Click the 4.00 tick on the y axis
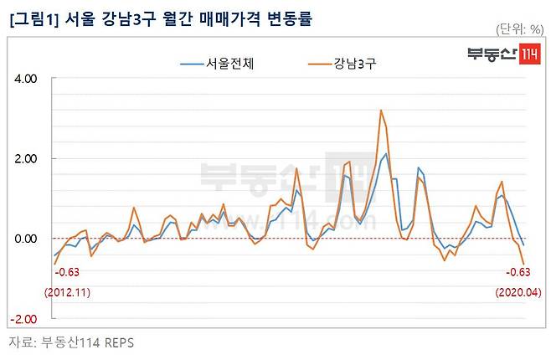coord(26,79)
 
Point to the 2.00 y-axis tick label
coord(26,159)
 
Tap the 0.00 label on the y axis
coord(26,239)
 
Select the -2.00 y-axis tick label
coord(23,319)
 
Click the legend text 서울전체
coord(229,64)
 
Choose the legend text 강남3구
coord(355,64)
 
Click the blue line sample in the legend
coord(192,64)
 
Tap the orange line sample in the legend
coord(320,64)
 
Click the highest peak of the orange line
coord(381,111)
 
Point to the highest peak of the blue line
coord(386,153)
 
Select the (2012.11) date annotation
coord(67,292)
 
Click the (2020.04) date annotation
coord(518,292)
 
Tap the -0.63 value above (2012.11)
coord(67,272)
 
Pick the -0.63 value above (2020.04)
coord(518,272)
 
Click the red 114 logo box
coord(529,54)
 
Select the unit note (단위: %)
coord(520,29)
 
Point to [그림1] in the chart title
coord(33,19)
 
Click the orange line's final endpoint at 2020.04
coord(523,264)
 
